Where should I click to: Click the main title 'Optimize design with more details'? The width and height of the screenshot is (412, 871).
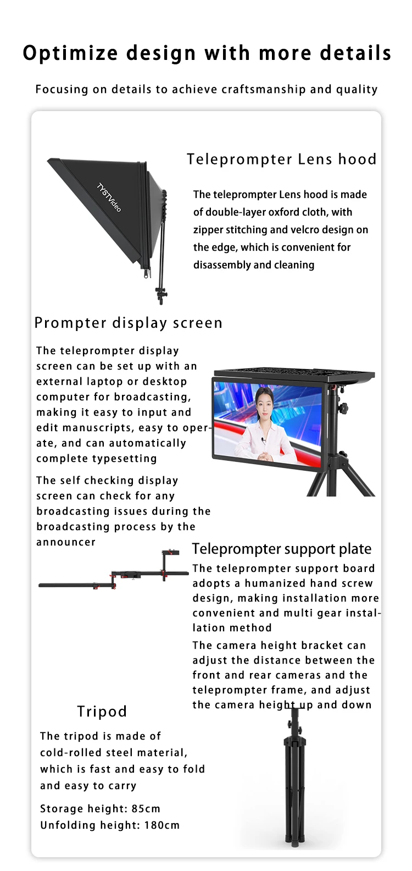(x=207, y=53)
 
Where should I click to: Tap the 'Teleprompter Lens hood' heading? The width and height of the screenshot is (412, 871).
(x=281, y=159)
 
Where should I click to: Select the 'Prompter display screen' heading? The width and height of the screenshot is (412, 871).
(x=128, y=323)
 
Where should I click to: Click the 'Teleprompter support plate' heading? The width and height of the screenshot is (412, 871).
(x=281, y=549)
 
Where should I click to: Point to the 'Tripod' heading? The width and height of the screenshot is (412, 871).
(x=102, y=712)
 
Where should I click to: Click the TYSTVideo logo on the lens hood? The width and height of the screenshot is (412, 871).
(x=109, y=197)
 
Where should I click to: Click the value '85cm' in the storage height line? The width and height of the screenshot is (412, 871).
(x=146, y=809)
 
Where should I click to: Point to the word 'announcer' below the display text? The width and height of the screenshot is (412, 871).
(x=66, y=542)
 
